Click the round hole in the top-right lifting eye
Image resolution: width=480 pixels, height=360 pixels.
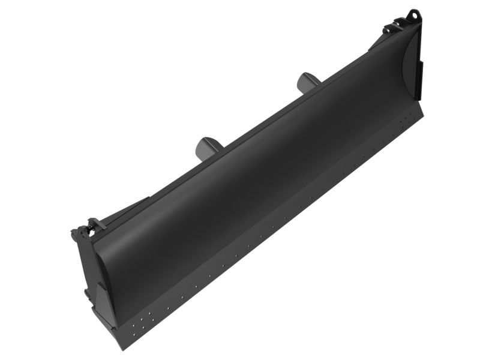(412, 13)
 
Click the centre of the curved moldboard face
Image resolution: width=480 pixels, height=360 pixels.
(252, 168)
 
